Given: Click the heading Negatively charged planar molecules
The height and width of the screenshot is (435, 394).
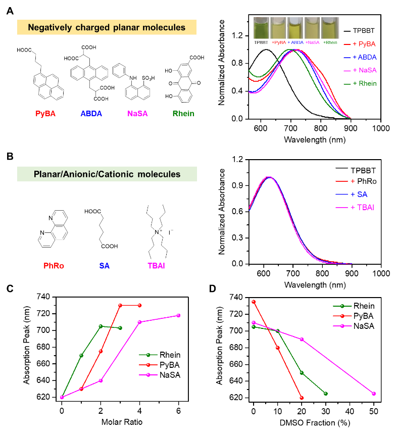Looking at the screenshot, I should pos(107,27).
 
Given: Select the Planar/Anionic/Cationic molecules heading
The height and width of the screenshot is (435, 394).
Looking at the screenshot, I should pos(107,174).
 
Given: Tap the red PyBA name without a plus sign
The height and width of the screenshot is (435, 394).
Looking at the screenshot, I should pos(45,114).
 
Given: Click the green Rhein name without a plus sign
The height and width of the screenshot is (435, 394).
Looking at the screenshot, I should pos(183,114).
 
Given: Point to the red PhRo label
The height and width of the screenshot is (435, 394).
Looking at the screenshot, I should pos(54,266).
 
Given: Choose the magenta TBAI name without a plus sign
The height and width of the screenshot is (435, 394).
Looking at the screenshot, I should pos(156,266).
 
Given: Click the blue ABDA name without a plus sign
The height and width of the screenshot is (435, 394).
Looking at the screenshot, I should pos(91,114).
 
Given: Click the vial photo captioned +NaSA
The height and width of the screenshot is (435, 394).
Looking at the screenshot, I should pos(313,28).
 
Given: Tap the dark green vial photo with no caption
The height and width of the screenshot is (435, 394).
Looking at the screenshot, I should pos(262,28).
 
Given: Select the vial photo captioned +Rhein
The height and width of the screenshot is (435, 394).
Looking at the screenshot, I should pos(330,28).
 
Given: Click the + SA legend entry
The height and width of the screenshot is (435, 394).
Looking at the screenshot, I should pos(359,194).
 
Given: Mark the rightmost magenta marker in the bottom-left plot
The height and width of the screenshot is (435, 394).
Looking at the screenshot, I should pos(178,316).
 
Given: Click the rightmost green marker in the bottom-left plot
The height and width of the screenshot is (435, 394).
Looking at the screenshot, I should pos(120,328).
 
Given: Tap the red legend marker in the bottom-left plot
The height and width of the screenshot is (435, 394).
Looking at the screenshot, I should pos(148,364).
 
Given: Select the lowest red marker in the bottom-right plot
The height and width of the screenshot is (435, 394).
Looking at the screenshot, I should pos(302,398).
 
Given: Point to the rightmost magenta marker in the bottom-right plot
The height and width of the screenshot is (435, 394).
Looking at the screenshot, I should pos(374,394).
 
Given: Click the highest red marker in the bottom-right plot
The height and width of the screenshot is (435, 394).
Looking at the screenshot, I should pos(253,302).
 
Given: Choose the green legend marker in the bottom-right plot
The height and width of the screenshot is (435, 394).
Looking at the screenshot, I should pos(342,306).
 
